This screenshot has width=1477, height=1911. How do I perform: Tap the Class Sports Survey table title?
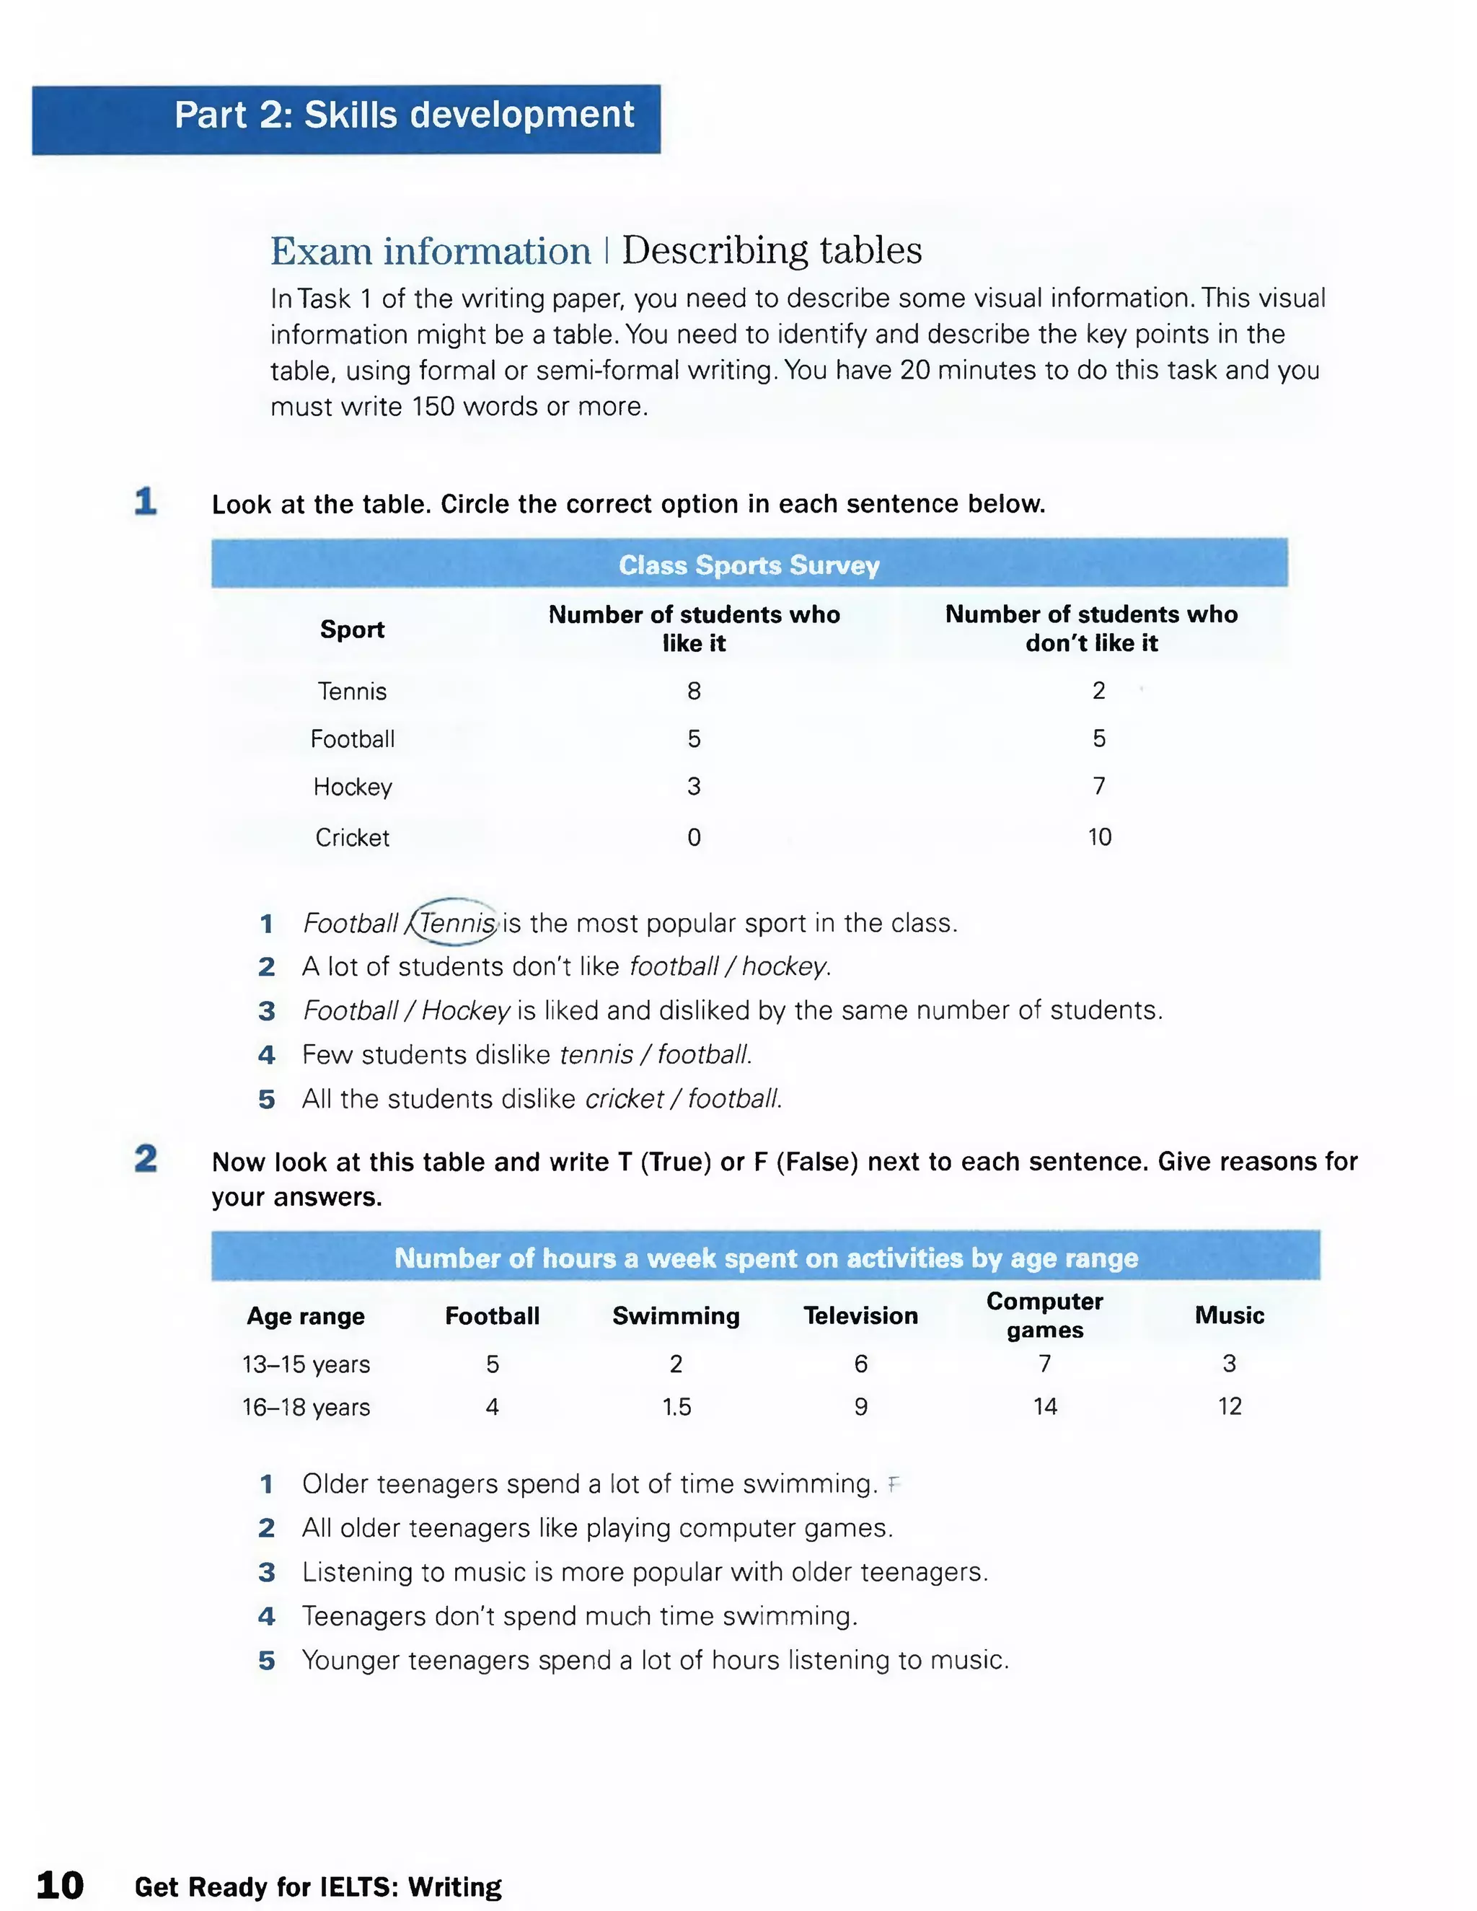tap(749, 565)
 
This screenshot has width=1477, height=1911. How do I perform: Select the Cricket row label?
tap(352, 837)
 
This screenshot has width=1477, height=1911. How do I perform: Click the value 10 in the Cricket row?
tap(1099, 837)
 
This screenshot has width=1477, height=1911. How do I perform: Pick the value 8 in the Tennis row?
tap(694, 692)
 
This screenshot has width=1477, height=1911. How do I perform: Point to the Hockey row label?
tap(353, 787)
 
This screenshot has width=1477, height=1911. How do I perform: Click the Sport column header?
tap(352, 629)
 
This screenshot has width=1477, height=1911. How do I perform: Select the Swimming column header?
tap(676, 1316)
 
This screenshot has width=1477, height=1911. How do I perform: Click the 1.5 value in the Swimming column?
tap(676, 1407)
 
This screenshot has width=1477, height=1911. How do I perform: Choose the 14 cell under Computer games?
tap(1045, 1406)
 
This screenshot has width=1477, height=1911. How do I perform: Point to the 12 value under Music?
tap(1230, 1406)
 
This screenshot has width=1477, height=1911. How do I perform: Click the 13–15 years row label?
tap(307, 1364)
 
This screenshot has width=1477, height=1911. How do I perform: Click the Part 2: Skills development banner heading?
tap(405, 115)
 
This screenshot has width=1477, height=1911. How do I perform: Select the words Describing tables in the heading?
tap(772, 251)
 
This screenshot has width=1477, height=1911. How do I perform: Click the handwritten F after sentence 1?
tap(893, 1484)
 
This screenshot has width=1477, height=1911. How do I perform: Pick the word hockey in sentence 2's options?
tap(784, 967)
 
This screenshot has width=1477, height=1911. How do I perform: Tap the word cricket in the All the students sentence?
tap(624, 1099)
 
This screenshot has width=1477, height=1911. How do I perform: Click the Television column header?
tap(861, 1316)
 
